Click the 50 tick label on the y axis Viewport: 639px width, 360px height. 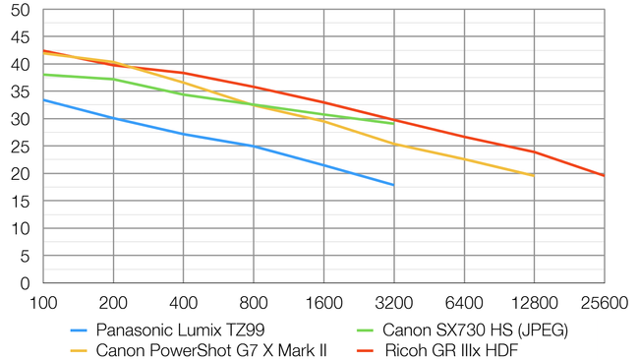[x=21, y=10]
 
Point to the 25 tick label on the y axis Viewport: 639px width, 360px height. [x=21, y=147]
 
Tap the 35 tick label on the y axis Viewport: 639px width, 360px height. [x=21, y=91]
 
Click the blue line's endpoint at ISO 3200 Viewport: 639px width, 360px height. [x=393, y=185]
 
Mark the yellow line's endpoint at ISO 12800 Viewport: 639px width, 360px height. [x=534, y=176]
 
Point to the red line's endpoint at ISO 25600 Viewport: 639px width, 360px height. [x=604, y=175]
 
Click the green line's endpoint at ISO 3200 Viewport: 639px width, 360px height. [x=393, y=124]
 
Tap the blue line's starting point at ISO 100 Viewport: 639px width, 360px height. [x=43, y=99]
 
